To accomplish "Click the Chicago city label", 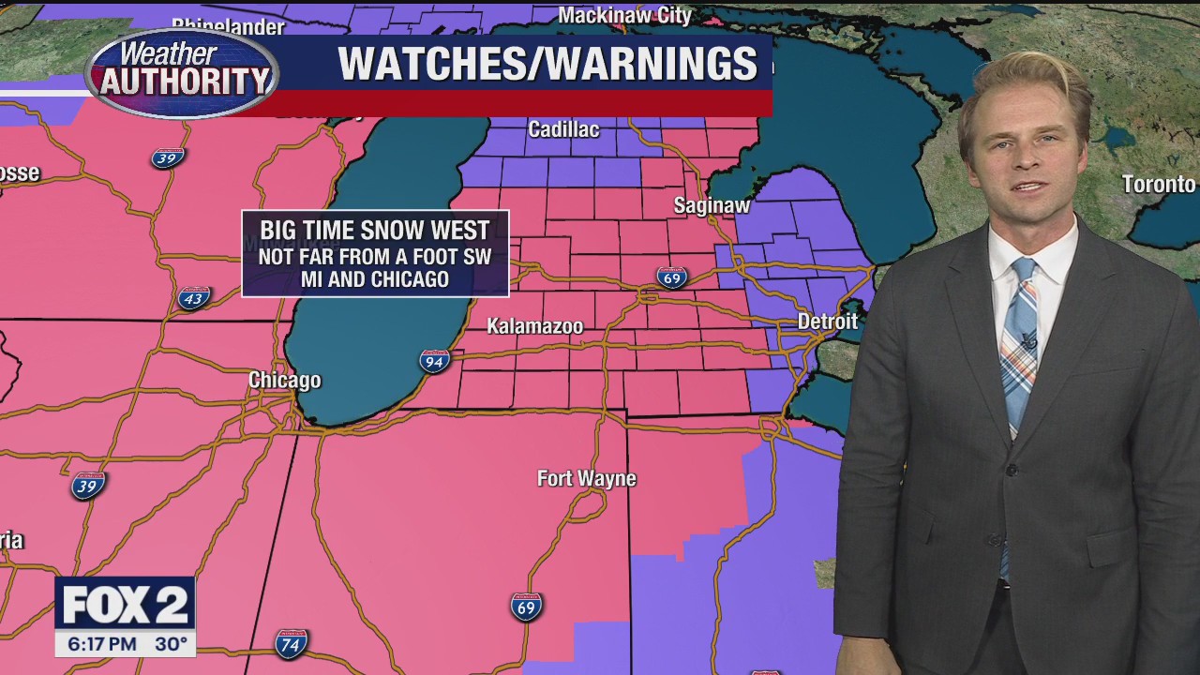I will (284, 380).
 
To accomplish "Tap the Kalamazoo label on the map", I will (534, 326).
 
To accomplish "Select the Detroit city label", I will (827, 322).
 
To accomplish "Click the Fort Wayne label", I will (586, 478).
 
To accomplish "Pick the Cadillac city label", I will (563, 129).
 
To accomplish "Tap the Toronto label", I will (1159, 184).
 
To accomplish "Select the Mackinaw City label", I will (624, 15).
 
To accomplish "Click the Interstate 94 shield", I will (434, 361).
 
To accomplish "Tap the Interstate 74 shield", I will (291, 644).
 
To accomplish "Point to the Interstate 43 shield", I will (192, 298).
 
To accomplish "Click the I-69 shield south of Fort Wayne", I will (526, 607).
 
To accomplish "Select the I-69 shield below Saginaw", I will (671, 277).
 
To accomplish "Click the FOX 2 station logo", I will (125, 606).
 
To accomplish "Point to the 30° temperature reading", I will (172, 645).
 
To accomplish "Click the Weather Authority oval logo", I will (183, 72).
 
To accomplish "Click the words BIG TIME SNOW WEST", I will (375, 231).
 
